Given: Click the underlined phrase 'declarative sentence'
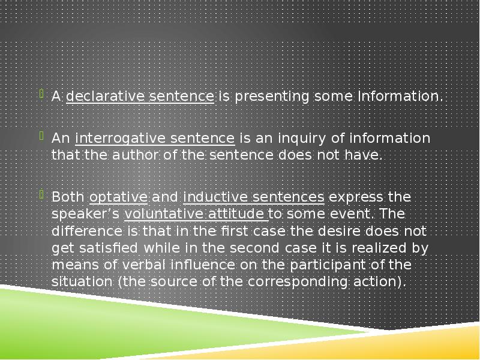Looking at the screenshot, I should coord(140,96).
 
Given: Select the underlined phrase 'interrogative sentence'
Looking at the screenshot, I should coord(155,139).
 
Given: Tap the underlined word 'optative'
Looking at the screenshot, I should coord(118,197).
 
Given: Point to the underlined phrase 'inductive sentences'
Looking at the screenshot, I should coord(254,197).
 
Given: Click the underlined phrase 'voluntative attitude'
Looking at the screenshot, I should coord(195,214).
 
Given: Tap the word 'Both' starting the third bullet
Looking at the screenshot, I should coord(68,197).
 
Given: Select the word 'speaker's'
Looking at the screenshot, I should coord(86,214).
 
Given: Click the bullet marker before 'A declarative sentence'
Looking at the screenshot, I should coord(41,94).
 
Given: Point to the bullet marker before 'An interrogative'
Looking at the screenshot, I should coord(41,136).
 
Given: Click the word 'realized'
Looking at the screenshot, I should coord(388,247).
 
